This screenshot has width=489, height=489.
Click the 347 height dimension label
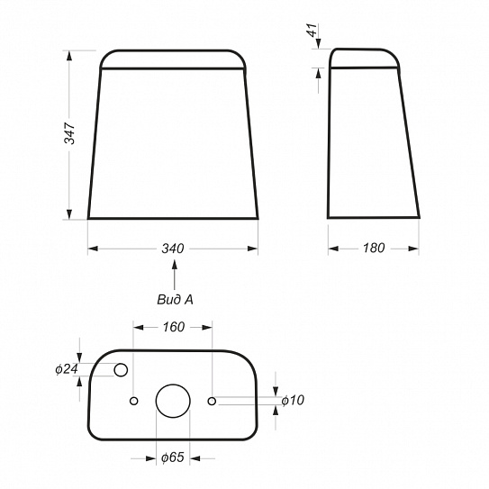coord(69,133)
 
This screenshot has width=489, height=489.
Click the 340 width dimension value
coord(173,249)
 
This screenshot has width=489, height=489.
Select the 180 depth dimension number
coord(374,249)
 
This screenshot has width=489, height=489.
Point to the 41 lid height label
coord(312,30)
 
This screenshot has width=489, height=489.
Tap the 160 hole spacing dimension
coord(174,327)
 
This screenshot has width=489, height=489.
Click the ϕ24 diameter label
coord(67,369)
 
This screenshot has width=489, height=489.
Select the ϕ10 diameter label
coord(293,400)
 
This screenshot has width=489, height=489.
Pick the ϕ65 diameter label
coord(173,457)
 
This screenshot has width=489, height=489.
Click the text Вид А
coord(175,300)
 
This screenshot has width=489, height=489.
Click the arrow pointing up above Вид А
coord(175,275)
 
